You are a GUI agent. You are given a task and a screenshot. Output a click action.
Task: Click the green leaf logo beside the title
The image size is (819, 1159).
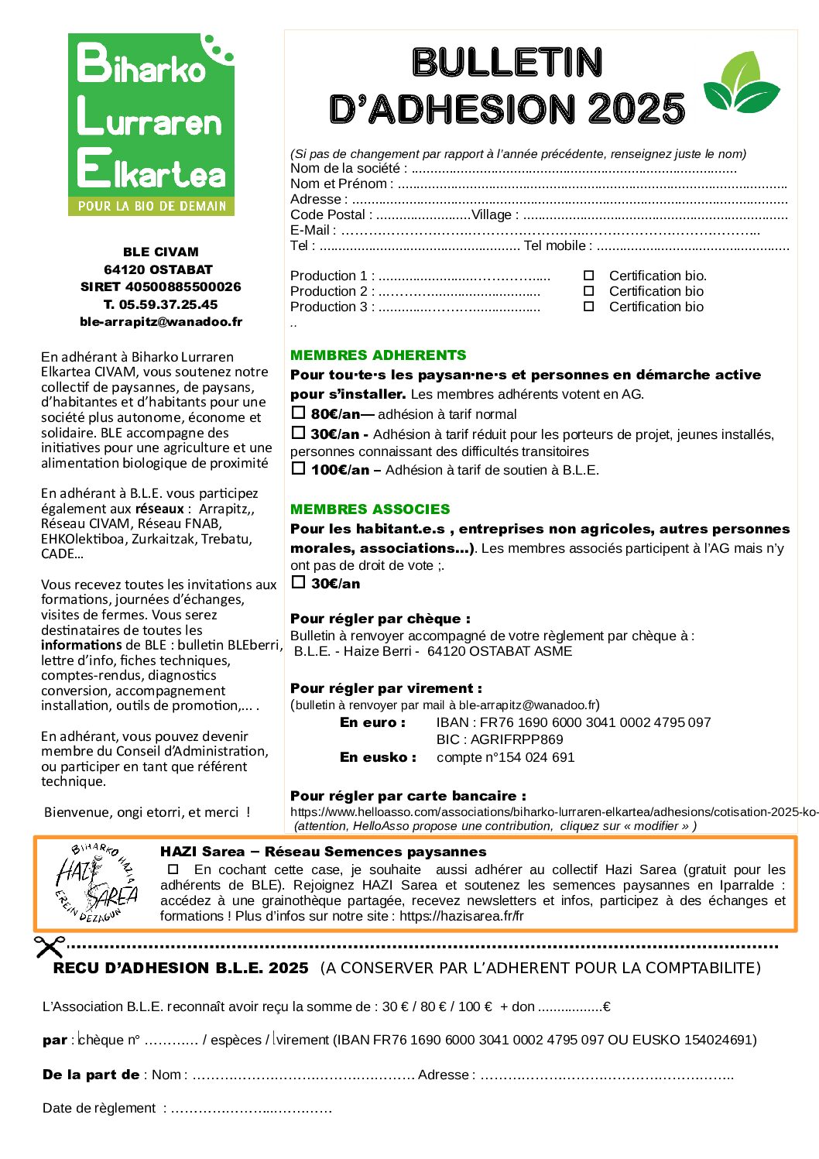point(741,83)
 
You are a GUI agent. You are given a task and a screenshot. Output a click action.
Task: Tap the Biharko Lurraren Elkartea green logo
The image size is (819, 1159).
point(151,124)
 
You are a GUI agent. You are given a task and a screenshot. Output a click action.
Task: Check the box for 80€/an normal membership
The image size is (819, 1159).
point(298,413)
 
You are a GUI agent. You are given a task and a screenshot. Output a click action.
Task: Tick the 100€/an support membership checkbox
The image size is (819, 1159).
point(298,468)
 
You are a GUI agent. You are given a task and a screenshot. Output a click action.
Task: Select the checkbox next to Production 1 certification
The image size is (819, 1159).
point(588,276)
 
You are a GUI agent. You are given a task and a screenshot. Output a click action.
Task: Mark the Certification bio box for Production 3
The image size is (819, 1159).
point(588,307)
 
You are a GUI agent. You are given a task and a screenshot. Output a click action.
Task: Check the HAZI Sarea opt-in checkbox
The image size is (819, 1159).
point(173,869)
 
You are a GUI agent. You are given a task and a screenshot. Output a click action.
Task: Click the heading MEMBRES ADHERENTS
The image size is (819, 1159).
point(378,355)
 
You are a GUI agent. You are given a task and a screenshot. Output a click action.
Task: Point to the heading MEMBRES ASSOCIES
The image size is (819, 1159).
point(369,509)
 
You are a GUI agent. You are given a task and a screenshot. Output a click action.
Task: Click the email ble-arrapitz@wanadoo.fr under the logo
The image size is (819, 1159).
point(161,321)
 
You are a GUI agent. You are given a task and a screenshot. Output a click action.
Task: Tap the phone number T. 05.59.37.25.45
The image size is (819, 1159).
point(161,304)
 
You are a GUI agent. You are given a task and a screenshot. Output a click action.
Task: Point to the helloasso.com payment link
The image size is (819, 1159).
point(553,812)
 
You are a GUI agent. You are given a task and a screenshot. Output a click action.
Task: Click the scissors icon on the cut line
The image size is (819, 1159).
point(49,946)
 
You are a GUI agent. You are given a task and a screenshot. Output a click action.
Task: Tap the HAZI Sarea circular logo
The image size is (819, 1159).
point(96,883)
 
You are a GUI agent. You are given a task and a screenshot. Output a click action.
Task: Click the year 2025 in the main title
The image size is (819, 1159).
point(636,109)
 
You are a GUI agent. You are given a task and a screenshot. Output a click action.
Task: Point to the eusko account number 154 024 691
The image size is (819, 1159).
point(536,757)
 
